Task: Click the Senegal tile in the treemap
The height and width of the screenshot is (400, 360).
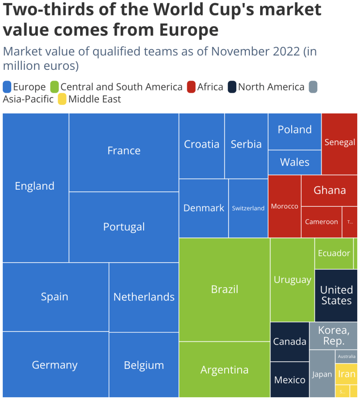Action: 340,143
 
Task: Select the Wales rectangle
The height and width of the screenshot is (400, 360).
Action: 295,162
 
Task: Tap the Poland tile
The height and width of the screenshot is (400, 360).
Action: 295,131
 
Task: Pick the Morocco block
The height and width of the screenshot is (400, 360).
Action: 284,206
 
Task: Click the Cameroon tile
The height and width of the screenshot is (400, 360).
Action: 321,222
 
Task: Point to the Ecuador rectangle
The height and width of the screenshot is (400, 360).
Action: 333,253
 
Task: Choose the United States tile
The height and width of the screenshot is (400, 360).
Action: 336,295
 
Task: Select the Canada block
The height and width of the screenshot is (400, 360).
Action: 290,341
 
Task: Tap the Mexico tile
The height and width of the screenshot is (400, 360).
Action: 290,380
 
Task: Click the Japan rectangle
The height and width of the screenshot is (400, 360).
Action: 322,374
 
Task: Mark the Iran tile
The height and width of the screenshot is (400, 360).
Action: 346,374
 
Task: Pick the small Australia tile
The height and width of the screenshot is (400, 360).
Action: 346,356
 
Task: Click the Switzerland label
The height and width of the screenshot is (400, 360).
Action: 248,208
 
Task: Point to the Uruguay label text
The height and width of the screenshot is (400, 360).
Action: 292,280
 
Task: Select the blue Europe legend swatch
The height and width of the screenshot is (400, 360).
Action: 7,87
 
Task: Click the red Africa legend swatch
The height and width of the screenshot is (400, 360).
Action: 191,87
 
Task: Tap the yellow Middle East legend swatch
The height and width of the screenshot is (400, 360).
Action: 62,99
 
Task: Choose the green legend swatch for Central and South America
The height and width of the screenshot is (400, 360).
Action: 54,87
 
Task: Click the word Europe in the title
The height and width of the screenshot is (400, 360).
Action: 189,30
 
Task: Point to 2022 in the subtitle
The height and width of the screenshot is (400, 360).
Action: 286,51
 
